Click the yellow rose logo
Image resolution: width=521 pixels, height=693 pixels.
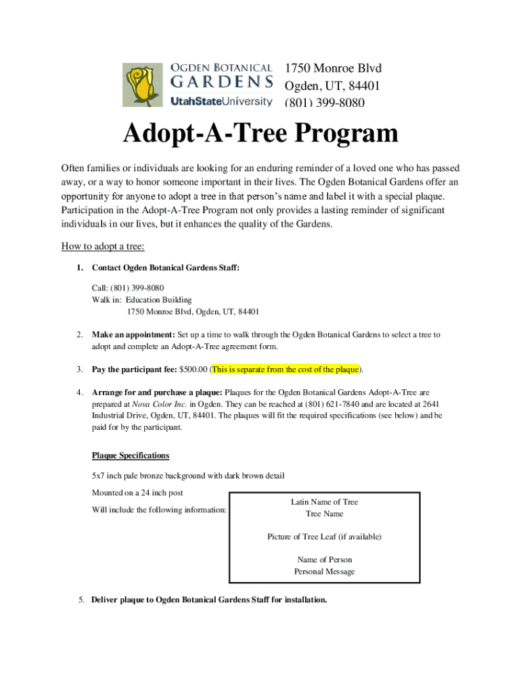[143, 85]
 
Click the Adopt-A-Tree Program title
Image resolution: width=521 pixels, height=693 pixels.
[260, 134]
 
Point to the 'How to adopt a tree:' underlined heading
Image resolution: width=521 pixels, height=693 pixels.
[103, 246]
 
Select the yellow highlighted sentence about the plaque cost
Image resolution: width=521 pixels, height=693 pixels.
[286, 369]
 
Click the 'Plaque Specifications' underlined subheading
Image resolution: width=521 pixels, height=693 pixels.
[131, 455]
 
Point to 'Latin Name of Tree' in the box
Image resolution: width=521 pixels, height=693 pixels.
[324, 502]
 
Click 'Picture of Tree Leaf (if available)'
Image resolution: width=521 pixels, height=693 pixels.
[324, 537]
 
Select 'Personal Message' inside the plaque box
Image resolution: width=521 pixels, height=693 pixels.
[324, 571]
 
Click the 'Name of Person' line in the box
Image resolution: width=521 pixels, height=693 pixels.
[324, 560]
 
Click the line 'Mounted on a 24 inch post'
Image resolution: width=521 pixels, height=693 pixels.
[137, 492]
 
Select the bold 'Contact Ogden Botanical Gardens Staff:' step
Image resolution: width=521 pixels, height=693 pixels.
[166, 268]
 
